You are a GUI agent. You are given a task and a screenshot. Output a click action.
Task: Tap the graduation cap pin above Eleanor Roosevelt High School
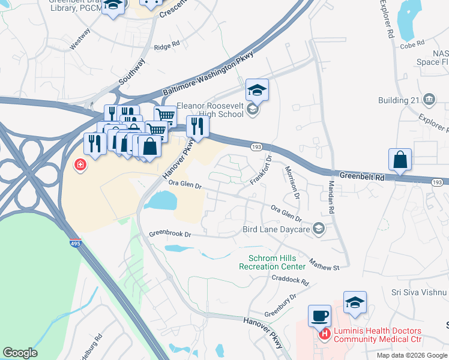tap(257, 91)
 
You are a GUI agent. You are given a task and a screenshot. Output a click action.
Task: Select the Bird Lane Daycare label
tap(276, 229)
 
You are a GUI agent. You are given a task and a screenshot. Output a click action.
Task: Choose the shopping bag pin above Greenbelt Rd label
tap(400, 160)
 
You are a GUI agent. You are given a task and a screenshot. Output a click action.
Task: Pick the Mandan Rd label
tap(330, 197)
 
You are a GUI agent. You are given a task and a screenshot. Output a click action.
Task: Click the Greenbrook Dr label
tap(170, 233)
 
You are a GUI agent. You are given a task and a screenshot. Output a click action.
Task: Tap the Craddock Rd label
tap(290, 279)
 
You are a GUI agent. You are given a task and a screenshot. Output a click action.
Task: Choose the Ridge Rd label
tap(167, 46)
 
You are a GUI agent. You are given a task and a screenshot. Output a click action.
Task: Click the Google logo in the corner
tap(20, 353)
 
